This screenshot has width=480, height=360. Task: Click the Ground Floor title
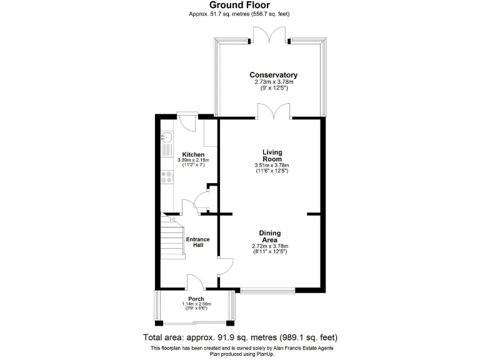pos(239,5)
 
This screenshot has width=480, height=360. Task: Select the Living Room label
pos(272,156)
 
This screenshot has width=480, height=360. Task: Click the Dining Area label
pos(269,236)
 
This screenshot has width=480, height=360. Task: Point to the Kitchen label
pos(193,154)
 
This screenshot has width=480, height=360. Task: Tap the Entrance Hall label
pos(197,242)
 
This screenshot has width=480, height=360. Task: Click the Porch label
pos(196,299)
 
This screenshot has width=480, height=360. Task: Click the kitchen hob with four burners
pos(167,177)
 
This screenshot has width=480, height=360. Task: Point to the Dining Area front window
pos(267,289)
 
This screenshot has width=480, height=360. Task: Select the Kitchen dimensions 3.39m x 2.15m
pos(193,161)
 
